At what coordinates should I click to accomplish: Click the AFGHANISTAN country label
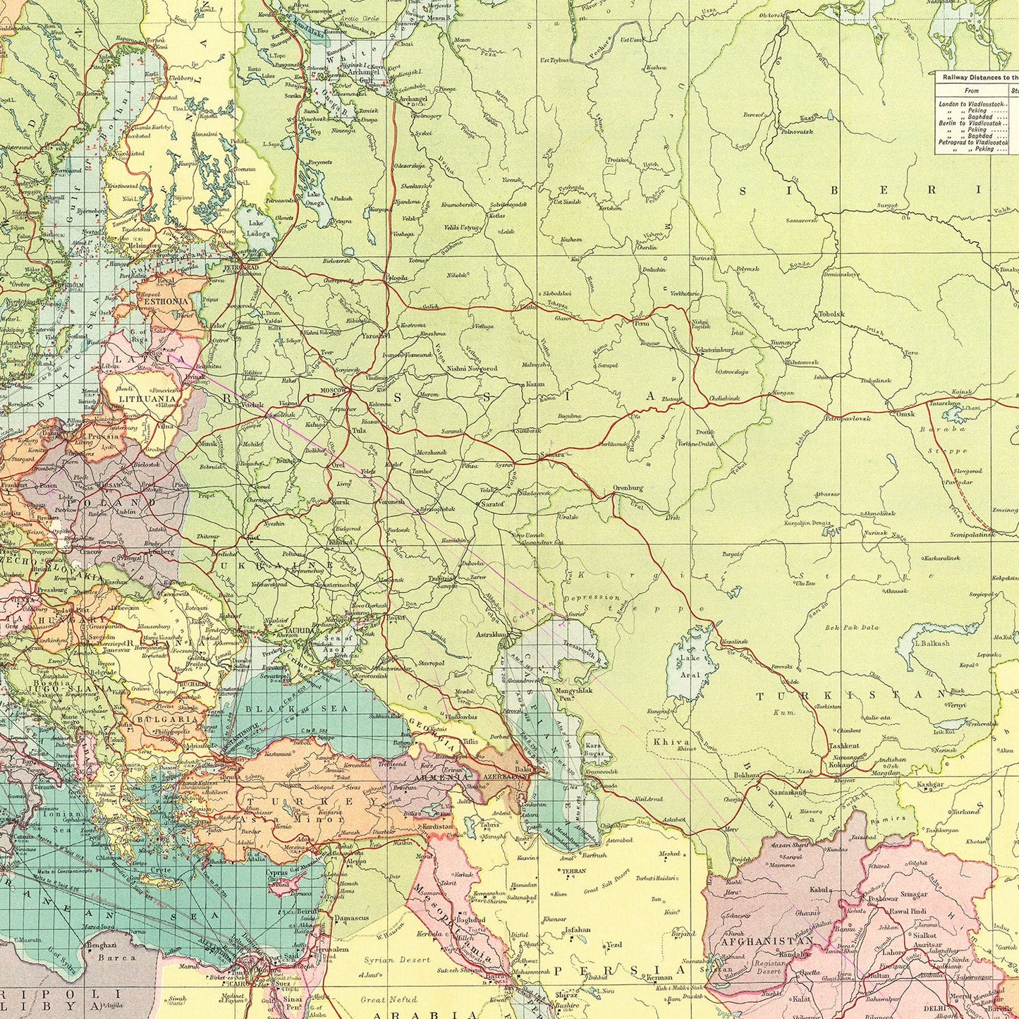767,941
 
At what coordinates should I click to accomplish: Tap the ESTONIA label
166,301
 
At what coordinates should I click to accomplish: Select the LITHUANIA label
142,398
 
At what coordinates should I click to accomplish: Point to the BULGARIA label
166,720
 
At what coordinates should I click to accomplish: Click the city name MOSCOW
334,390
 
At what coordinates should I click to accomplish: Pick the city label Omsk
905,414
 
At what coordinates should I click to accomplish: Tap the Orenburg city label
627,488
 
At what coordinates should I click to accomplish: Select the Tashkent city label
843,746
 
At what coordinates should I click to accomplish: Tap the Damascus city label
351,918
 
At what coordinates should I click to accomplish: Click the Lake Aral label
690,666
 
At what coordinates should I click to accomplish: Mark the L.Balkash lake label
932,643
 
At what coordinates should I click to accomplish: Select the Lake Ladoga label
256,228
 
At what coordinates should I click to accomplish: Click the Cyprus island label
277,872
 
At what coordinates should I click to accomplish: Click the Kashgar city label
930,784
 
